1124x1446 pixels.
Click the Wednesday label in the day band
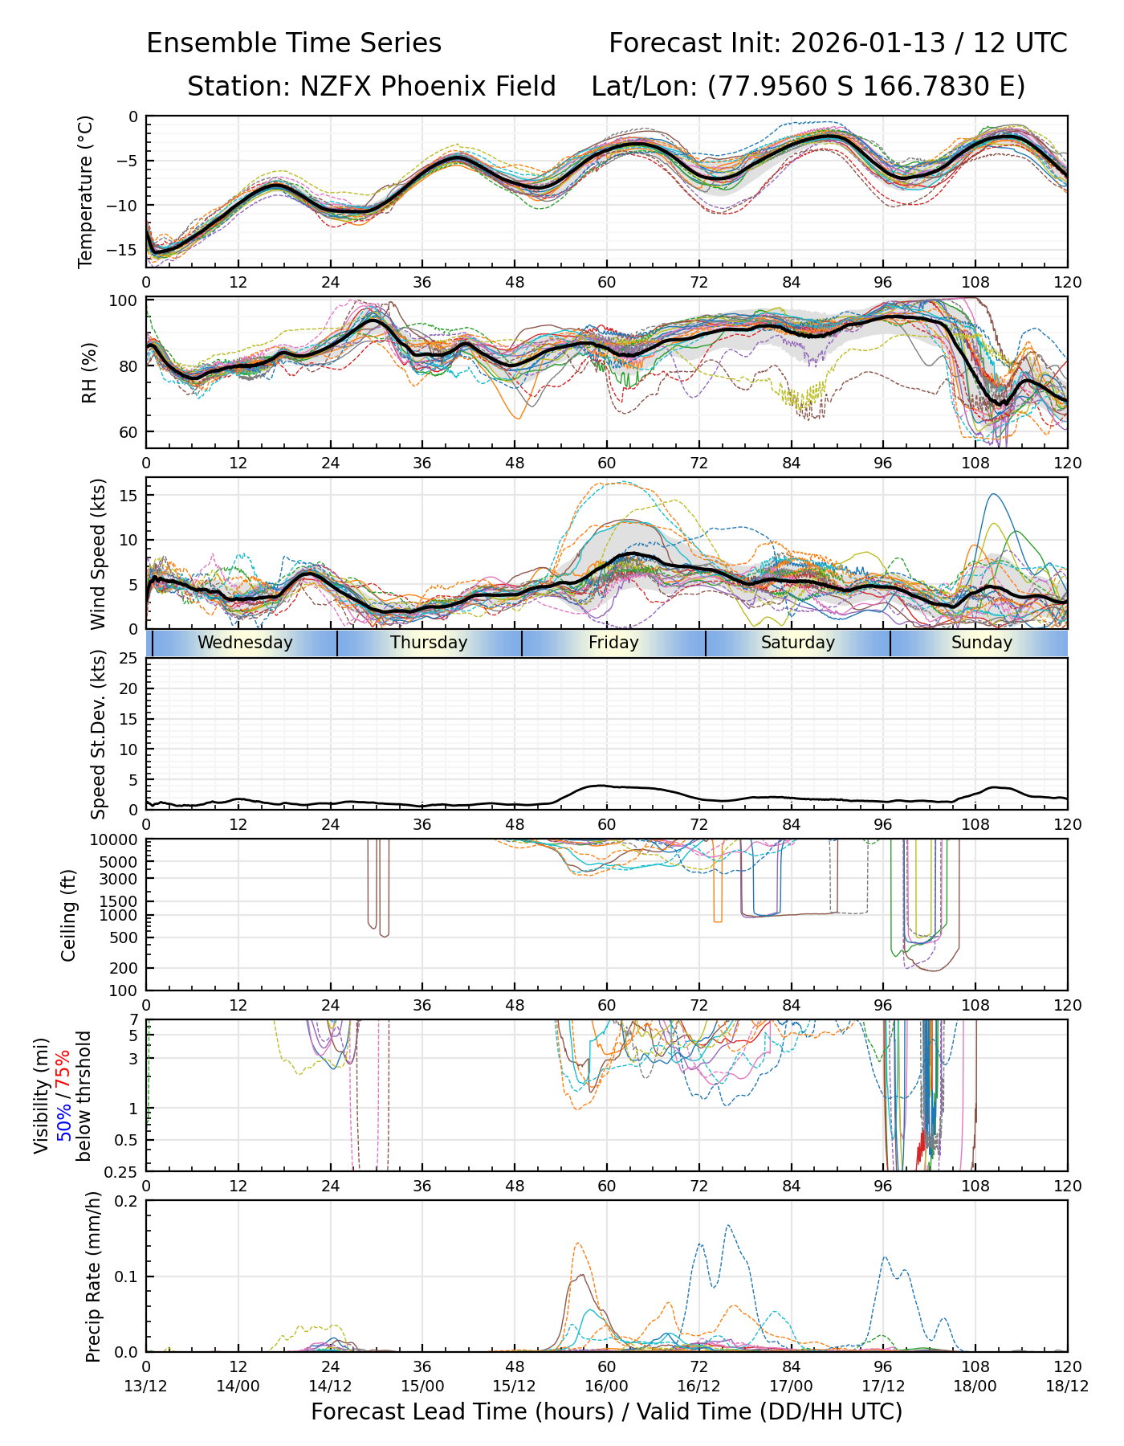245,643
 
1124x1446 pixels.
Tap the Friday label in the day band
613,643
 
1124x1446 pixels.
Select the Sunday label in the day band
981,643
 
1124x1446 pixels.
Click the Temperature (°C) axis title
86,191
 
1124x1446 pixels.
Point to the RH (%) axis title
89,373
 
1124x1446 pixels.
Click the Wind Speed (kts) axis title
98,553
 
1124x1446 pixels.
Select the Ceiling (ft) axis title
69,915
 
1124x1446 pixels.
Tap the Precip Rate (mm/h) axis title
93,1276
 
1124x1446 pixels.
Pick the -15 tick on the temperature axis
126,250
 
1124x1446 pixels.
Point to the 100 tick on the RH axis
123,301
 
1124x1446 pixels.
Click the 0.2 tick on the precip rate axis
127,1201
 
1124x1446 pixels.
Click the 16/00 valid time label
606,1386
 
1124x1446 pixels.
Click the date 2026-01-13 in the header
868,43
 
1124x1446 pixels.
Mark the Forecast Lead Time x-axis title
606,1411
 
